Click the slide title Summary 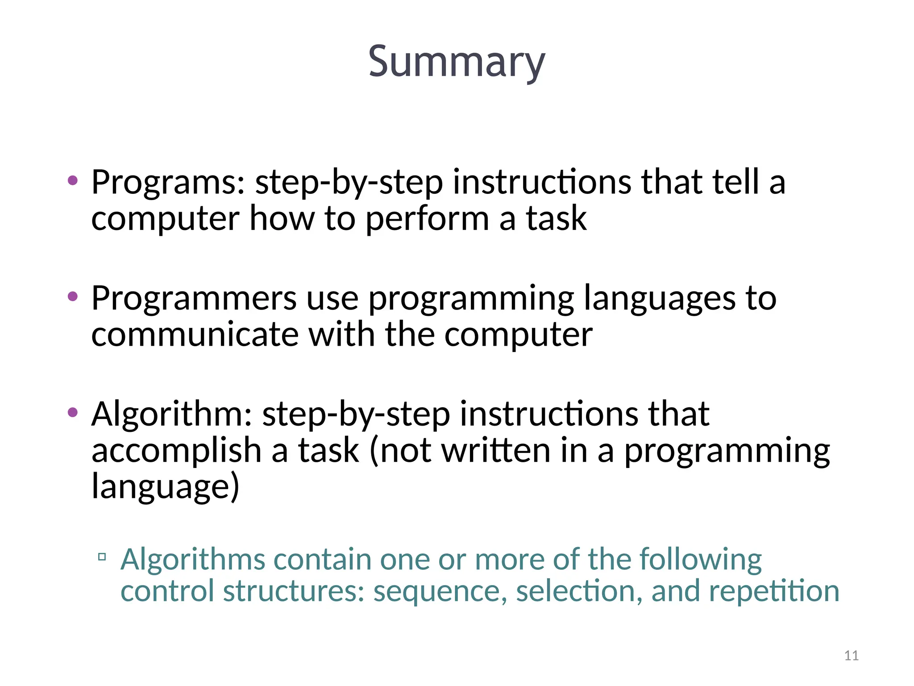point(457,63)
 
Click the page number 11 point(851,656)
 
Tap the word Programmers point(194,298)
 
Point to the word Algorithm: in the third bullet point(172,414)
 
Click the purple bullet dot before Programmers point(73,296)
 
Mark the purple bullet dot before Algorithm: point(73,412)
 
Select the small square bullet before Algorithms point(102,556)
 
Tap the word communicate point(195,335)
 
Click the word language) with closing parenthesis point(166,486)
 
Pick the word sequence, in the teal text point(440,592)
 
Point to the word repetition point(774,592)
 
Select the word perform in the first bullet point(427,219)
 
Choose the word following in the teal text point(700,560)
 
